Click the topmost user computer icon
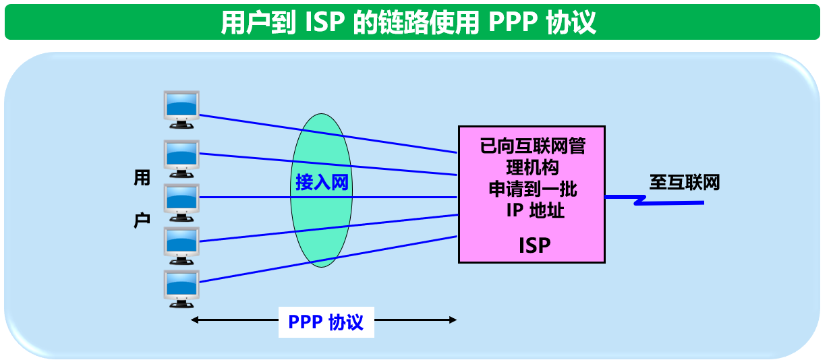[x=182, y=109]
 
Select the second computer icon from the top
[x=182, y=154]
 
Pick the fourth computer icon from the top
[x=182, y=241]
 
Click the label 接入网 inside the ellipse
[x=322, y=182]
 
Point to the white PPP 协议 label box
[x=326, y=322]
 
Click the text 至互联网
[x=685, y=183]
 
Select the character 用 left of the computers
[x=142, y=179]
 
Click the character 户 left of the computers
[x=142, y=220]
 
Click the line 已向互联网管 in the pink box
[x=532, y=146]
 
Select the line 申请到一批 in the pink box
[x=533, y=189]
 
